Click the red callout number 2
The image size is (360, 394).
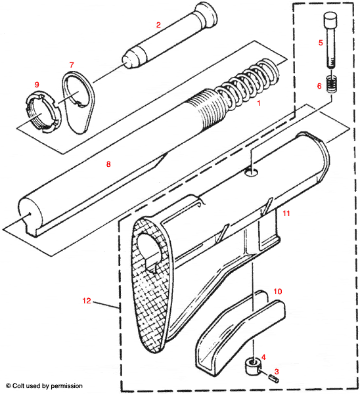coord(158,24)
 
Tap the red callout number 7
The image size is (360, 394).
coord(72,64)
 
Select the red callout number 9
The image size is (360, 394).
coord(37,85)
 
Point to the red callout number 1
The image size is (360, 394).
coord(259,103)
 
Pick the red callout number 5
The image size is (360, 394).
coord(321,43)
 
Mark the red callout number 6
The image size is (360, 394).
coord(319,85)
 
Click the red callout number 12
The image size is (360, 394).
coord(87,301)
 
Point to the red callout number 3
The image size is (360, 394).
coord(277,371)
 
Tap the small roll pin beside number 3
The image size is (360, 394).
coord(270,379)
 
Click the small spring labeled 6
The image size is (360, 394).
coord(332,85)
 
